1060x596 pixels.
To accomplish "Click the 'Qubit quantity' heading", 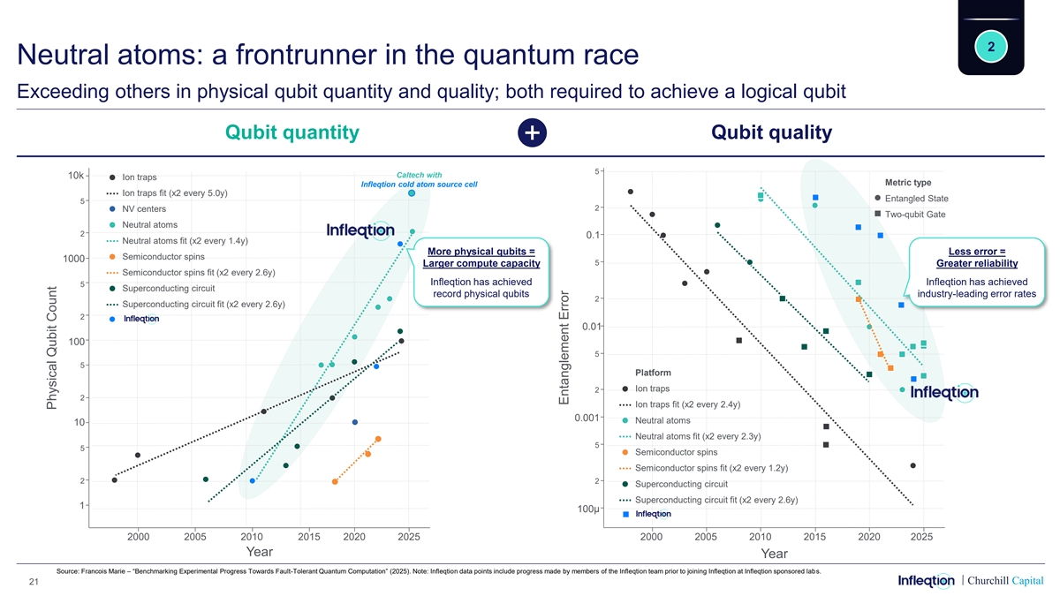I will coord(292,132).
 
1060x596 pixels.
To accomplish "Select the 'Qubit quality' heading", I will coord(771,132).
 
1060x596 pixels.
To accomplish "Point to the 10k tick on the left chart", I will coord(76,175).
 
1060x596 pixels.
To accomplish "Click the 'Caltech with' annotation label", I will coord(420,175).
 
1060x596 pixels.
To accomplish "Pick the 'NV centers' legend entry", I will coord(146,209).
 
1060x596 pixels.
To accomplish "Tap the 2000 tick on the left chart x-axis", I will coord(138,536).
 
